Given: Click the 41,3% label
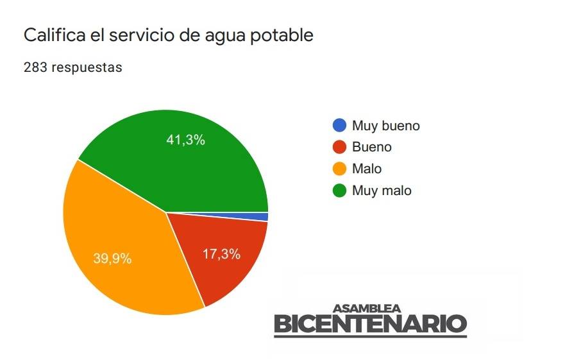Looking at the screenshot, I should [185, 140].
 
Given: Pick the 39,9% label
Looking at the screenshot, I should [112, 259].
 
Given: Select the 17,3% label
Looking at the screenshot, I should [221, 254].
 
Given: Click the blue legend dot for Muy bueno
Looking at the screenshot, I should [339, 125].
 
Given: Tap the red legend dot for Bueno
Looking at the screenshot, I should [339, 147].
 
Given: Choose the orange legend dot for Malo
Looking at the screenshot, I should [339, 169].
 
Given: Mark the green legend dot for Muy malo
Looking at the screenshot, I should [339, 191].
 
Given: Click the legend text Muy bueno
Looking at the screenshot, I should [385, 126].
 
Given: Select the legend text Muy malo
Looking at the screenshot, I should [382, 191].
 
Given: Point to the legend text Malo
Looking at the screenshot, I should [367, 169].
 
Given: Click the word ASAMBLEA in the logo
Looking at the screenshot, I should [367, 309].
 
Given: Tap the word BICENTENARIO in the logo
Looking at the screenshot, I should [370, 324].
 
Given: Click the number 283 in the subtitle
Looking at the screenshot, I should [35, 67].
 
